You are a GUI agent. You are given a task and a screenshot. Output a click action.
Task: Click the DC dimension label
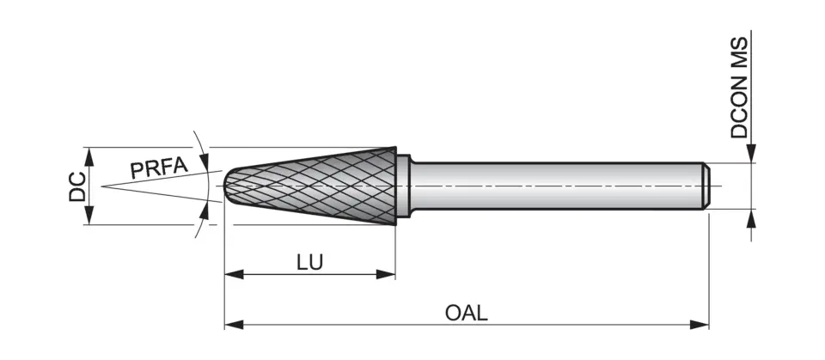pyautogui.click(x=76, y=186)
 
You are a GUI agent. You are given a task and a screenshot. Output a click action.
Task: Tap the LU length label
pyautogui.click(x=309, y=262)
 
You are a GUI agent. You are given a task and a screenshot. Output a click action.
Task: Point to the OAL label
pyautogui.click(x=467, y=313)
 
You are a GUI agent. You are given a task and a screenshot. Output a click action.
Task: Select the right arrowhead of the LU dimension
pyautogui.click(x=388, y=275)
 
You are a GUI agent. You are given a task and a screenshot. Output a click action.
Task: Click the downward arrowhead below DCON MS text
pyautogui.click(x=751, y=155)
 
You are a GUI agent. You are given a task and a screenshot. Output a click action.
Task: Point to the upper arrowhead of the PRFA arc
pyautogui.click(x=203, y=162)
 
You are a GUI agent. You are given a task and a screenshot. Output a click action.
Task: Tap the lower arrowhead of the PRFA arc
pyautogui.click(x=204, y=210)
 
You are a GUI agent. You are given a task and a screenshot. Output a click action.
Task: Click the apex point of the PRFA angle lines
pyautogui.click(x=101, y=186)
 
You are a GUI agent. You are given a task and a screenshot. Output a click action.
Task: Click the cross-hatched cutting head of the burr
pyautogui.click(x=327, y=186)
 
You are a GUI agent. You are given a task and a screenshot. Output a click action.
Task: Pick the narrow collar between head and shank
pyautogui.click(x=404, y=186)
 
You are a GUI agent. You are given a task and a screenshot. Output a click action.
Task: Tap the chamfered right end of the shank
pyautogui.click(x=705, y=186)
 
